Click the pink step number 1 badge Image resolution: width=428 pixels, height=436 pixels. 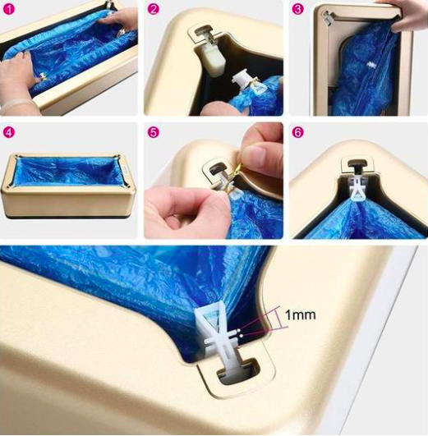click(x=9, y=9)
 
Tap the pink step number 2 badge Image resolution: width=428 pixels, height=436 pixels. click(x=153, y=9)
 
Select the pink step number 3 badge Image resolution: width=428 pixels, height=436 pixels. click(x=297, y=9)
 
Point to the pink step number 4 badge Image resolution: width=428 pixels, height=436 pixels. click(x=9, y=132)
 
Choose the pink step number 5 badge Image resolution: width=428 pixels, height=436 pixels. click(x=153, y=132)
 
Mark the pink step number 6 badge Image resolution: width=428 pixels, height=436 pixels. click(x=297, y=132)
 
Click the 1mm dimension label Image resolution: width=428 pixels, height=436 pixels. click(x=301, y=314)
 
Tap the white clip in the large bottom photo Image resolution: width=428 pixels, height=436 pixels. click(x=220, y=333)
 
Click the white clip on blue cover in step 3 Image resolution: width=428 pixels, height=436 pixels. click(x=371, y=66)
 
